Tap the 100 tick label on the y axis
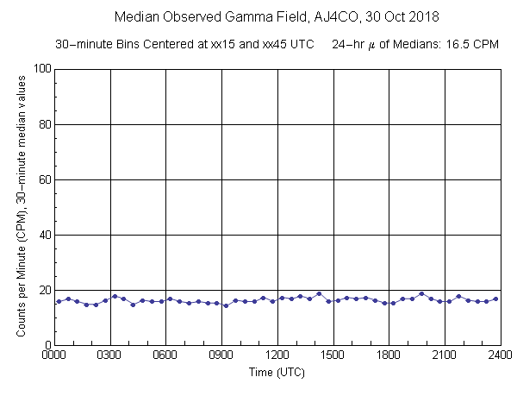coord(40,69)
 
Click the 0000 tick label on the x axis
coord(55,354)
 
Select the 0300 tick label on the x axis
coord(110,354)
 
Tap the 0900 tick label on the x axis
coord(221,354)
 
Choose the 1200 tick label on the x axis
coord(277,354)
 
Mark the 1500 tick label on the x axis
coord(333,354)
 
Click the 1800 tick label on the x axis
coord(389,354)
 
